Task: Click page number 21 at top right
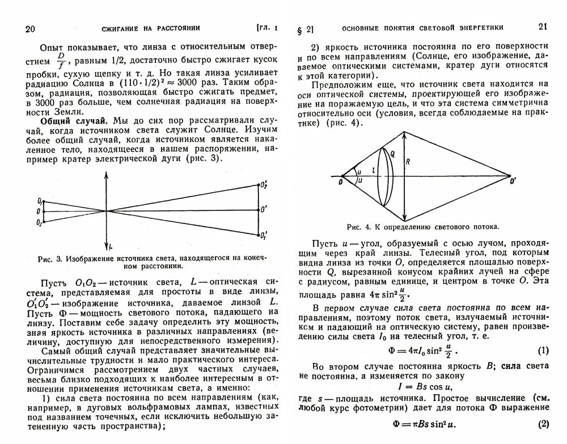tap(543, 27)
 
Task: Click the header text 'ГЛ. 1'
tap(266, 28)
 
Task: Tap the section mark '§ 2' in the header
tap(305, 29)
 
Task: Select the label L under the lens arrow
tap(111, 245)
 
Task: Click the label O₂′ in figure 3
tap(264, 185)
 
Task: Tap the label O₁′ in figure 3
tap(264, 234)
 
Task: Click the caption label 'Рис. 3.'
tap(50, 258)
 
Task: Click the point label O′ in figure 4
tap(513, 181)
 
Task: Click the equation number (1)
tap(543, 350)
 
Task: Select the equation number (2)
tap(543, 424)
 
